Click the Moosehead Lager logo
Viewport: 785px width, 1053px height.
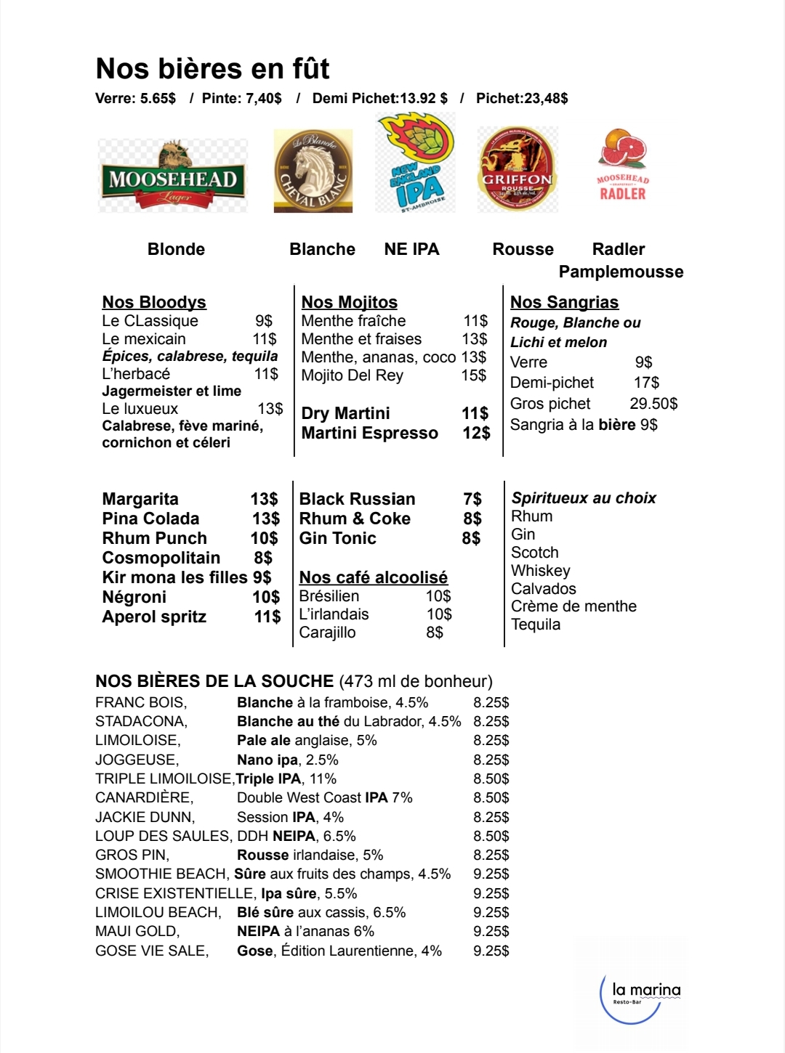173,176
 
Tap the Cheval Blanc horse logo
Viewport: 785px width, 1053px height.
313,171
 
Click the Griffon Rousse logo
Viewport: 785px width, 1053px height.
518,169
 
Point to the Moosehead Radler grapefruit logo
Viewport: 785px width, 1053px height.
623,166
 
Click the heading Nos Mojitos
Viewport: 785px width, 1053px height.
350,302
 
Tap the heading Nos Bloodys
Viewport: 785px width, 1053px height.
154,302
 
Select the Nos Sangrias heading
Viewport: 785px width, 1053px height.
564,302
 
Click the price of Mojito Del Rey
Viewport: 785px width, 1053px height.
473,375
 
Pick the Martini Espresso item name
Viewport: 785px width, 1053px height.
369,433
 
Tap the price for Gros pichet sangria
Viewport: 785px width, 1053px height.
653,404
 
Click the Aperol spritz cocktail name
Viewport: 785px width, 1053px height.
154,617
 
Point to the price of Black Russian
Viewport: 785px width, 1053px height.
472,499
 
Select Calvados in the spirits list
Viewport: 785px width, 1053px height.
543,589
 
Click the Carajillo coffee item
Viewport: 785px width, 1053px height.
327,633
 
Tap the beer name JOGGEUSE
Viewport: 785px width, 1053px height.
137,760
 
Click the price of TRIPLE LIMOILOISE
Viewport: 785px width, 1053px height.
491,778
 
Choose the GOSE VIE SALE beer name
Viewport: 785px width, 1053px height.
151,951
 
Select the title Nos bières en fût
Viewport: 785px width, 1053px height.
212,69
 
